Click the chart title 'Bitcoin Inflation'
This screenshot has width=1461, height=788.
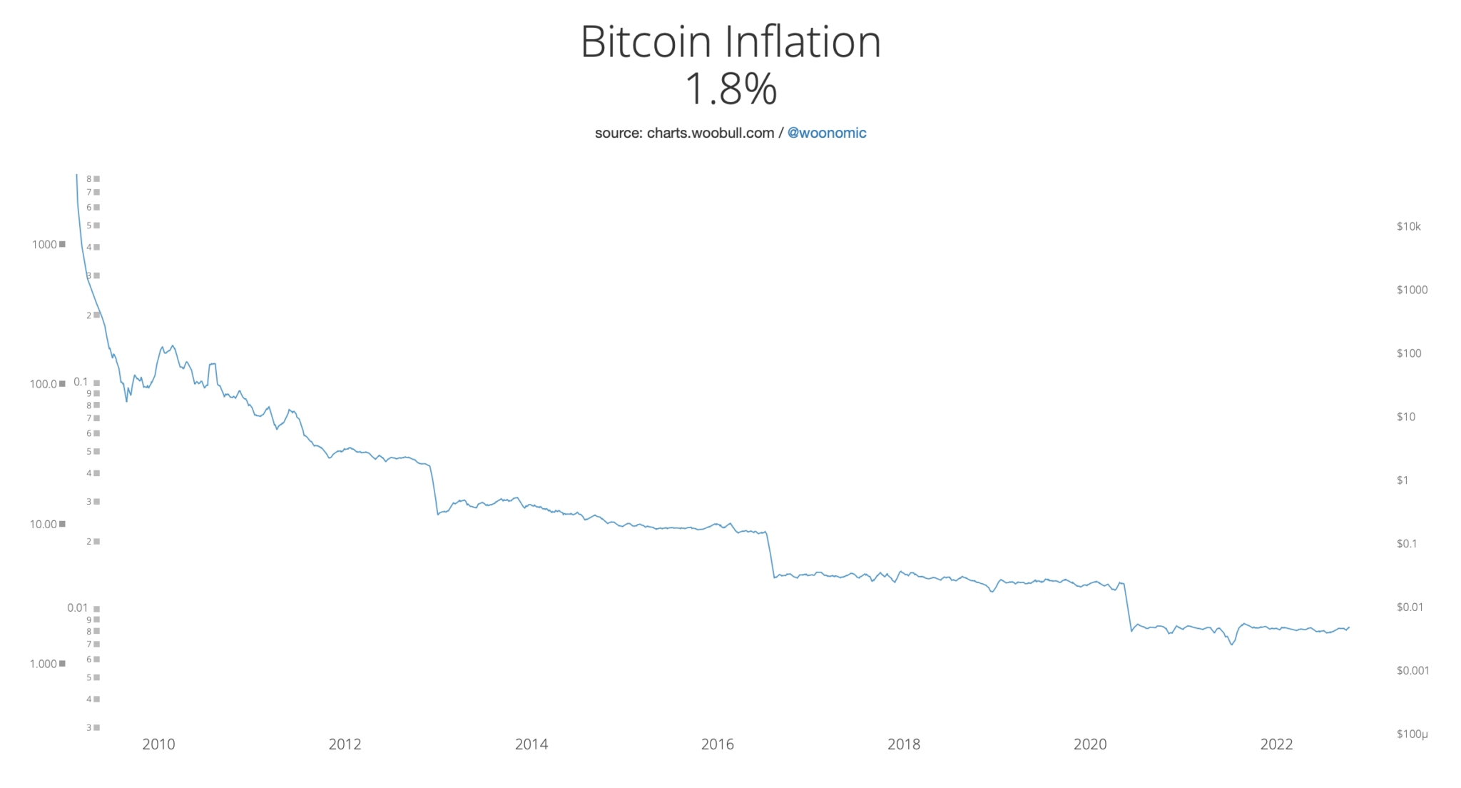730,42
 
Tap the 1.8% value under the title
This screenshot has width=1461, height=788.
730,89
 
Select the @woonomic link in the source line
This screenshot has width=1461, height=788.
826,133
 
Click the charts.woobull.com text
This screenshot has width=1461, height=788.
710,133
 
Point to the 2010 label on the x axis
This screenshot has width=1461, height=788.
158,744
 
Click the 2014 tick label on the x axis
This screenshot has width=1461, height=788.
531,744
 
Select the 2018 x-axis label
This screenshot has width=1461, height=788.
904,744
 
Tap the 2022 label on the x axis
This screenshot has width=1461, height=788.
1276,744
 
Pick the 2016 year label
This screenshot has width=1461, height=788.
718,744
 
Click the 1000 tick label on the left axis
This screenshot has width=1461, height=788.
44,245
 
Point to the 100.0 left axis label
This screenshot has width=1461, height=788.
43,384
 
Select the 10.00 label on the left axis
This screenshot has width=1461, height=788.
43,524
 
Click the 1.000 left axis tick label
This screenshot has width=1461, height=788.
43,664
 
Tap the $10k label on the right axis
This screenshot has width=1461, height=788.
1408,227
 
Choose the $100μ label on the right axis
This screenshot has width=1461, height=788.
1412,734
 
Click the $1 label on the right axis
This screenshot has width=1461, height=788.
1402,480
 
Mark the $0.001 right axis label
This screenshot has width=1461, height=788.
1412,670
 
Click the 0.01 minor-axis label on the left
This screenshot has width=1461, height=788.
78,608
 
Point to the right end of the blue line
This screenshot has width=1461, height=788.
1348,627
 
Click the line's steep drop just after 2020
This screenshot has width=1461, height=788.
1128,607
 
